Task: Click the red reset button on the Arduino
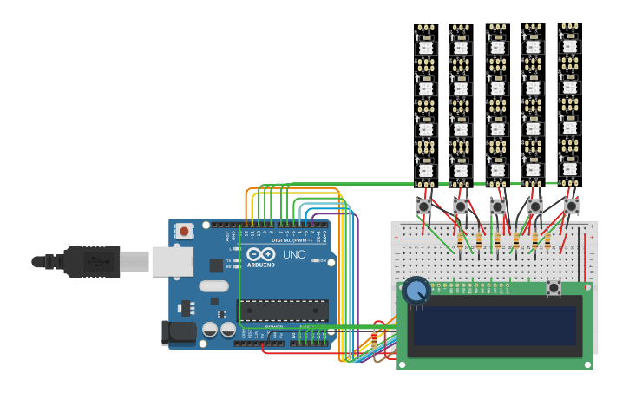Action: (184, 231)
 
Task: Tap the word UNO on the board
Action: (294, 254)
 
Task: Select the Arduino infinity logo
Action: (260, 254)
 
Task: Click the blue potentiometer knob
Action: (416, 290)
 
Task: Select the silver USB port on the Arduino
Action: (172, 261)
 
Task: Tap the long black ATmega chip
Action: (283, 310)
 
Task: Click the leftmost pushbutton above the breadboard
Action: (423, 206)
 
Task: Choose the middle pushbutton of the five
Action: (497, 206)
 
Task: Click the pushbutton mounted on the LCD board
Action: (554, 288)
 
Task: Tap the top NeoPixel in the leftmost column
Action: (425, 46)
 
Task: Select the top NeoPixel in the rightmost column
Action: (569, 44)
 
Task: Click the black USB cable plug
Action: (91, 261)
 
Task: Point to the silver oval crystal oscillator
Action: (213, 285)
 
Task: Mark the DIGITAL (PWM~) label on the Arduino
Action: (293, 240)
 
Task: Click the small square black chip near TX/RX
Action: (216, 265)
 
